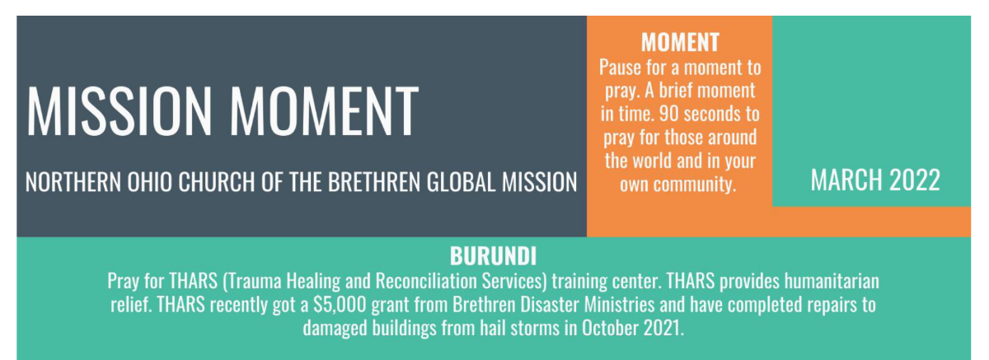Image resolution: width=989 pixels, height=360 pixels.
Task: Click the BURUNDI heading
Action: pyautogui.click(x=493, y=256)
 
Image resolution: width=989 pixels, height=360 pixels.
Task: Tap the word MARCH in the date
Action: pyautogui.click(x=846, y=180)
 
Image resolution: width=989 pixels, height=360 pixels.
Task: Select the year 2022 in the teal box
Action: pyautogui.click(x=914, y=180)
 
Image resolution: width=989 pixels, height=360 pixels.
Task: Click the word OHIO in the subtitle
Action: pyautogui.click(x=149, y=182)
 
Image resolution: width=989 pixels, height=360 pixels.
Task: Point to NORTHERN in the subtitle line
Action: pyautogui.click(x=73, y=182)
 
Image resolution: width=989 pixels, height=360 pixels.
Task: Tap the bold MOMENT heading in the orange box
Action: pyautogui.click(x=681, y=42)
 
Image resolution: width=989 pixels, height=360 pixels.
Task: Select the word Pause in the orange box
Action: pyautogui.click(x=620, y=68)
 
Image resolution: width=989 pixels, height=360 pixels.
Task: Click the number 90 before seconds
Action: pyautogui.click(x=669, y=114)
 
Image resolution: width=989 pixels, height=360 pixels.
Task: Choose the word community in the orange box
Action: pyautogui.click(x=695, y=184)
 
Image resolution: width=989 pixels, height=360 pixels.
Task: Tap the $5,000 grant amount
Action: pyautogui.click(x=340, y=305)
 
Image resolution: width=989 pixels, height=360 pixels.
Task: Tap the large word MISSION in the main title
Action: pyautogui.click(x=120, y=110)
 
